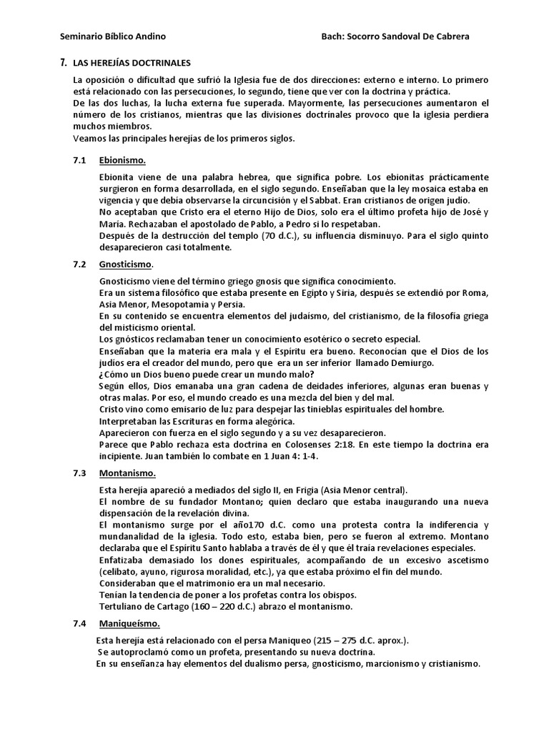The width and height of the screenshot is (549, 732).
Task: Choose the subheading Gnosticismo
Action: tap(127, 264)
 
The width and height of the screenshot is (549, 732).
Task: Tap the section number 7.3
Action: tap(79, 473)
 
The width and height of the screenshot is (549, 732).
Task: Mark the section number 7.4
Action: tap(79, 623)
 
